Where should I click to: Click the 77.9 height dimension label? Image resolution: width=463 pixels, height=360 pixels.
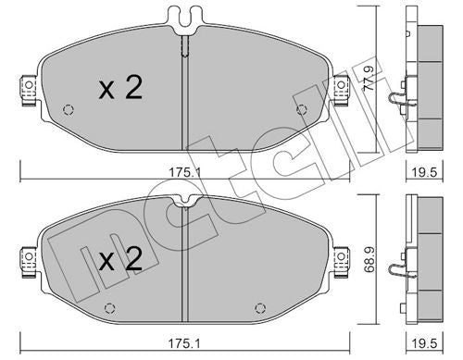369,78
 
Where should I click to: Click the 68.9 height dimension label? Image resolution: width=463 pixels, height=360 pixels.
369,259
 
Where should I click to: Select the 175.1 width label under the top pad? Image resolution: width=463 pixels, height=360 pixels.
185,172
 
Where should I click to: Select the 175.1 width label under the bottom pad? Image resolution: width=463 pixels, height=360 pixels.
183,343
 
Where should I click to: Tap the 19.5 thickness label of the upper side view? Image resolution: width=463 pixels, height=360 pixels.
425,172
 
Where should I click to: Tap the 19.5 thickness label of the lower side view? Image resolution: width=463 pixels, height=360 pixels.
425,343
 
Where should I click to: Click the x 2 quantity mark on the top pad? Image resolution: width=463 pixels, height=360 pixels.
120,88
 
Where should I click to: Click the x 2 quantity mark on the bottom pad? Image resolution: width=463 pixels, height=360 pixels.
120,259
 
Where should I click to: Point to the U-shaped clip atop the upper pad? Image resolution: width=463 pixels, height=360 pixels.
185,19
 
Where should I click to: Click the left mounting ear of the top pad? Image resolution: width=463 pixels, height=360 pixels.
29,90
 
